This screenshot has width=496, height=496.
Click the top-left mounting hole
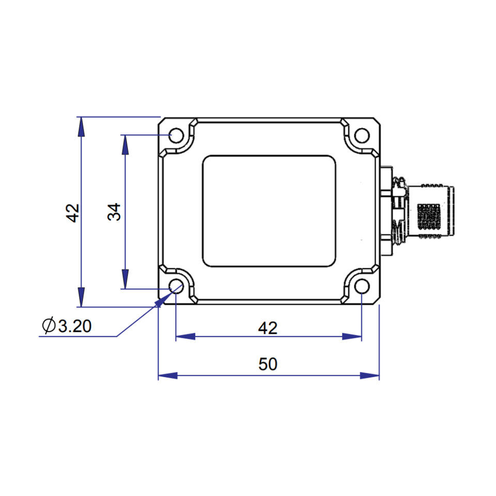[176, 136]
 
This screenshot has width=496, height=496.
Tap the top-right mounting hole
[361, 136]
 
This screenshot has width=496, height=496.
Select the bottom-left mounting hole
[176, 287]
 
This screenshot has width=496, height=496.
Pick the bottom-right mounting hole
[361, 287]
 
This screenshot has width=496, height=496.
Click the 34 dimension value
[114, 212]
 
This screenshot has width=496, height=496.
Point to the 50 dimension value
[268, 364]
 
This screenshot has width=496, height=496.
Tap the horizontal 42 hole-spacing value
[268, 328]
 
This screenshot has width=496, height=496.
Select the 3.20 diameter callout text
[75, 326]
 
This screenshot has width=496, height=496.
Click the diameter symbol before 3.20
[49, 326]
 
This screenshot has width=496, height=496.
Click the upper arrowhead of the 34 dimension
[125, 144]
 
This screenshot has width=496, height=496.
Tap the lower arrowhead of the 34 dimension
[125, 279]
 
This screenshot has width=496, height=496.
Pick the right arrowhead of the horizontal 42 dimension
[352, 337]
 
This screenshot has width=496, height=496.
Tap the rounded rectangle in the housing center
[269, 212]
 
